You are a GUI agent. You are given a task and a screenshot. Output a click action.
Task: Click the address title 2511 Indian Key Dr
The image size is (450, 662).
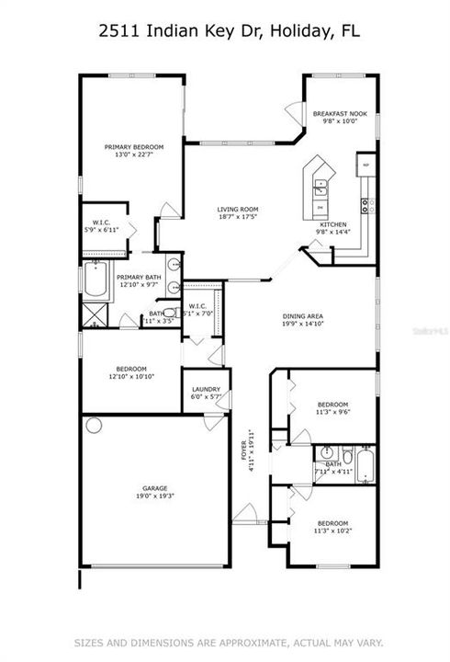[x=224, y=31]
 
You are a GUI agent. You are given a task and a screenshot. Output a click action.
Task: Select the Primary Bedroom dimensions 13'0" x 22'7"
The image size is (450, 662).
[x=133, y=155]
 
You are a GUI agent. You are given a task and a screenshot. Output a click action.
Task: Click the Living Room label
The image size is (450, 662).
[x=236, y=209]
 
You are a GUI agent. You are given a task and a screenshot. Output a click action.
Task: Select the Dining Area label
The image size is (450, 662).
[x=302, y=317]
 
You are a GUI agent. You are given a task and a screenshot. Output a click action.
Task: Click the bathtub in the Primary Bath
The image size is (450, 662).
[x=97, y=282]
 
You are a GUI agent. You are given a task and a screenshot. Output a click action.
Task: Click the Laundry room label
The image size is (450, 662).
[x=206, y=389]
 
